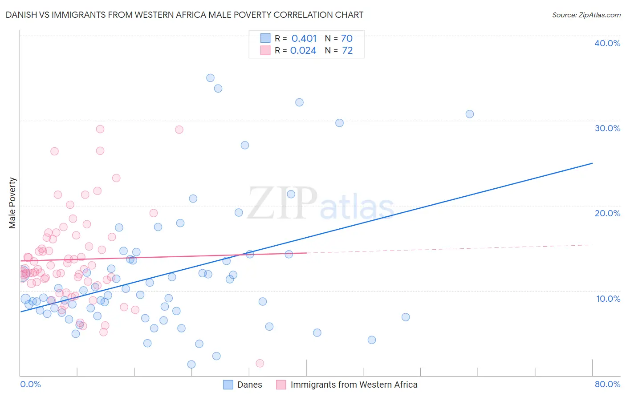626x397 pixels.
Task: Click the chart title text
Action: point(184,15)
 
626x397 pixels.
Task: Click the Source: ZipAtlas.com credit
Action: point(586,15)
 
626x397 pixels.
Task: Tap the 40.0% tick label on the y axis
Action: point(607,43)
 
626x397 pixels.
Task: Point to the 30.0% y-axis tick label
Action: point(607,128)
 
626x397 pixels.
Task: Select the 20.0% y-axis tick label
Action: point(607,213)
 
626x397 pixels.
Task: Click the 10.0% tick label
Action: point(608,299)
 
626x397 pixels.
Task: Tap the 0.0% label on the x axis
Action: point(30,384)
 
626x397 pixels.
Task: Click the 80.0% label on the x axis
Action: point(607,384)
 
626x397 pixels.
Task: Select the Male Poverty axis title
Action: point(12,203)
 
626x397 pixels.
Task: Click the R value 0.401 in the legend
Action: point(304,38)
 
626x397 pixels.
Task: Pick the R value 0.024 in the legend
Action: point(303,50)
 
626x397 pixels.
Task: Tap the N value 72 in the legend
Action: point(347,50)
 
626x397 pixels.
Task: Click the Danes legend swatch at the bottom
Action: point(228,385)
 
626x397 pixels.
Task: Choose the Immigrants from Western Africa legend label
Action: point(354,385)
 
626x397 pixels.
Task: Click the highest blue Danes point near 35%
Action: point(210,78)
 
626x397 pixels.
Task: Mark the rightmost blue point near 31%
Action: point(469,114)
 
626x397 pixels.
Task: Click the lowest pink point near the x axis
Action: point(260,363)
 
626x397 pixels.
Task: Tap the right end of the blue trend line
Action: point(592,163)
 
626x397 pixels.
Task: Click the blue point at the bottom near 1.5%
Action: point(191,365)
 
